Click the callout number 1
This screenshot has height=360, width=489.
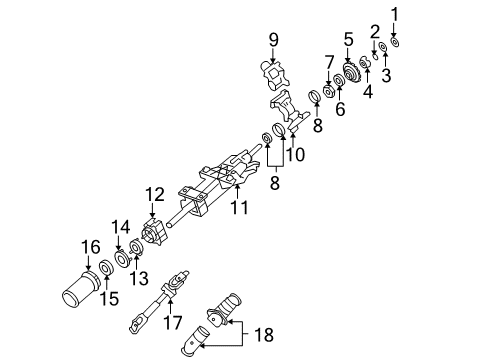point(395,15)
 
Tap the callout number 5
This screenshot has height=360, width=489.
point(348,39)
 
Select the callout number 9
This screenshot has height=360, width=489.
point(273,40)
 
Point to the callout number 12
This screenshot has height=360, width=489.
point(155,194)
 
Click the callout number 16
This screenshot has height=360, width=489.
point(91,247)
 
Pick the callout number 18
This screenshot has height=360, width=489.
point(264,335)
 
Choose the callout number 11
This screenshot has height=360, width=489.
point(240,207)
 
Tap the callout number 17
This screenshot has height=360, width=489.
point(173,322)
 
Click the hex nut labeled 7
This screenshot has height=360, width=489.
point(328,91)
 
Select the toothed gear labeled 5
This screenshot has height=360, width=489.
point(350,73)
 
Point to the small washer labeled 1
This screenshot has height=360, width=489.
point(395,42)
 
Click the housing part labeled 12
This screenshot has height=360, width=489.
point(154,232)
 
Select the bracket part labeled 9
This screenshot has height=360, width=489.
point(274,75)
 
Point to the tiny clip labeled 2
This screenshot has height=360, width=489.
point(375,56)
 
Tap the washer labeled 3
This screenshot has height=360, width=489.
point(383,46)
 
